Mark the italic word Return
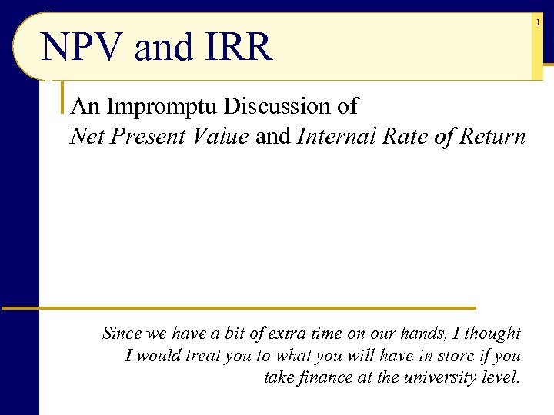pyautogui.click(x=492, y=137)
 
